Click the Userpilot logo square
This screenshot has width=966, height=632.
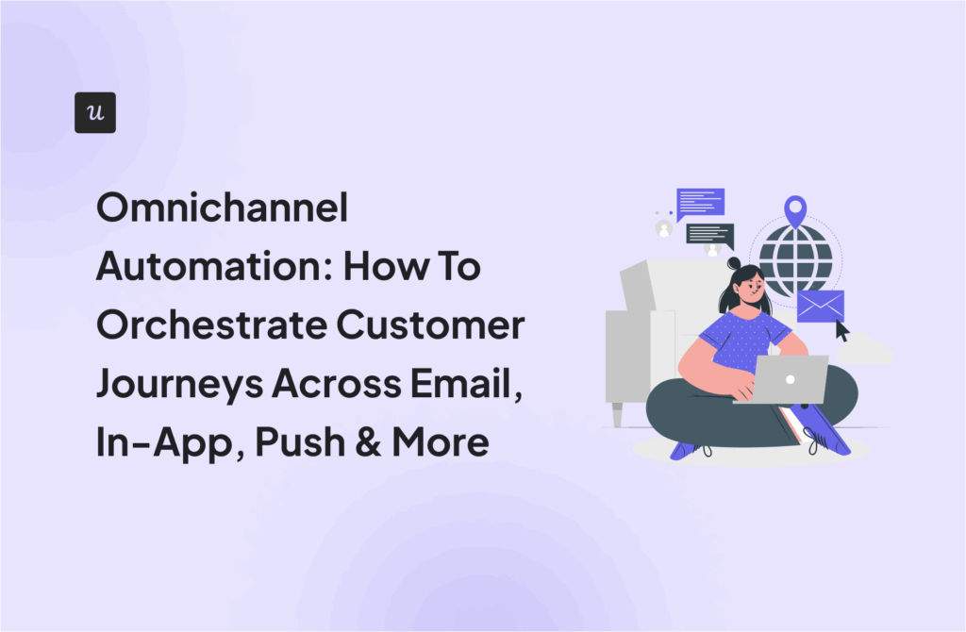click(94, 112)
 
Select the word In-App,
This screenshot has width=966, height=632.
click(158, 443)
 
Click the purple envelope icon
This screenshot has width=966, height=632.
click(820, 306)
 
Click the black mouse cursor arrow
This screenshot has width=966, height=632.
click(841, 331)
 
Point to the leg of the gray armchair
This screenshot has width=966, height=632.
click(617, 412)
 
